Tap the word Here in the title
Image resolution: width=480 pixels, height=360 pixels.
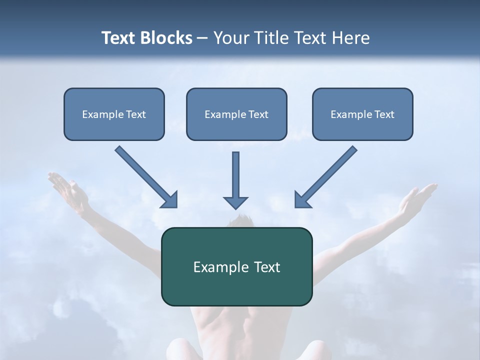tap(350, 38)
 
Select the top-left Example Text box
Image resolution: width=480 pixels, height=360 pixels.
tap(114, 114)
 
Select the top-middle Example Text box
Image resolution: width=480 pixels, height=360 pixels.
tap(236, 114)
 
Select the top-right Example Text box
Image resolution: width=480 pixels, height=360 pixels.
tap(362, 114)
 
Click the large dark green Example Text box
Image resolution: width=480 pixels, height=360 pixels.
tap(236, 266)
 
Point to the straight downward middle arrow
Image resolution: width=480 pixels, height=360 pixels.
tap(235, 175)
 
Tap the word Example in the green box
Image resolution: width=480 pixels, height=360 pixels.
tap(216, 267)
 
